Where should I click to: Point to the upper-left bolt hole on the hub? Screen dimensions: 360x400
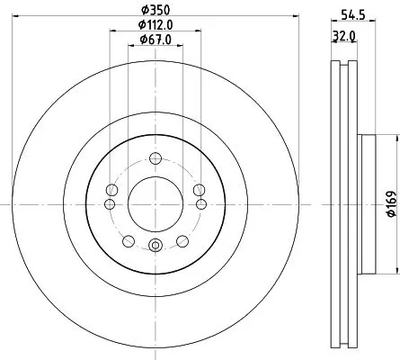(x=112, y=190)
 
